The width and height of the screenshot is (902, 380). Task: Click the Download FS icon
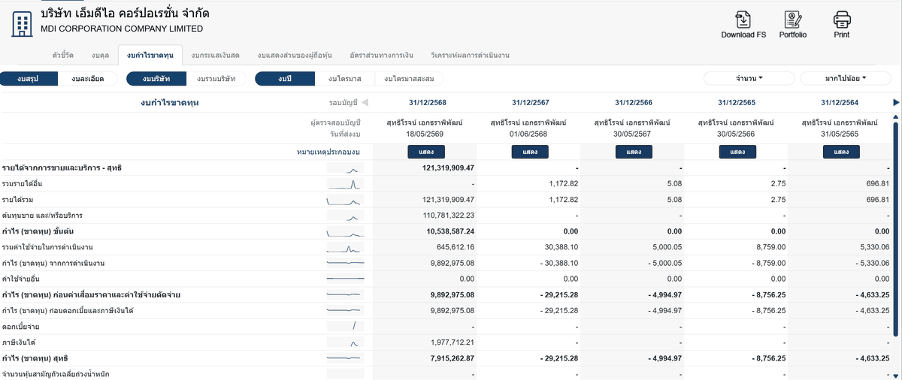click(743, 20)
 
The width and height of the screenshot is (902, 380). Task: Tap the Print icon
click(842, 20)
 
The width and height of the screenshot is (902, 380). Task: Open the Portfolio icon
click(792, 20)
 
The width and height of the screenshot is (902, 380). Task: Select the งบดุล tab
click(100, 55)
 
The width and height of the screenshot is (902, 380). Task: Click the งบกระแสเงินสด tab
click(215, 55)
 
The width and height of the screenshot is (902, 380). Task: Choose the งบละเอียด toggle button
click(87, 79)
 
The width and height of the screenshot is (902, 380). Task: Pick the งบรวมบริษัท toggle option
click(216, 79)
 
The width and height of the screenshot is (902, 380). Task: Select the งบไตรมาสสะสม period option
click(409, 79)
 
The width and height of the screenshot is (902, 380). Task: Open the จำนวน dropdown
click(749, 78)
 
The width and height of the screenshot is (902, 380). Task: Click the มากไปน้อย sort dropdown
click(845, 78)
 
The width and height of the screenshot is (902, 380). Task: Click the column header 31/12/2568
click(427, 103)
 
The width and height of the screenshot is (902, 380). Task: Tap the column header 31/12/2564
click(840, 103)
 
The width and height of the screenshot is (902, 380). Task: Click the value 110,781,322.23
click(448, 215)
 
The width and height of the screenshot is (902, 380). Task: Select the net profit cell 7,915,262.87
click(452, 358)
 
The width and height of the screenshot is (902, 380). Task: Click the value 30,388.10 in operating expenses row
click(561, 247)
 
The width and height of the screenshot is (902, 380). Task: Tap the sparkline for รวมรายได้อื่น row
click(345, 184)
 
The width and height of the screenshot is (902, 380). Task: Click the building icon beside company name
click(22, 24)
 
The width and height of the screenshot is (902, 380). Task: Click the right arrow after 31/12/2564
click(896, 103)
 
